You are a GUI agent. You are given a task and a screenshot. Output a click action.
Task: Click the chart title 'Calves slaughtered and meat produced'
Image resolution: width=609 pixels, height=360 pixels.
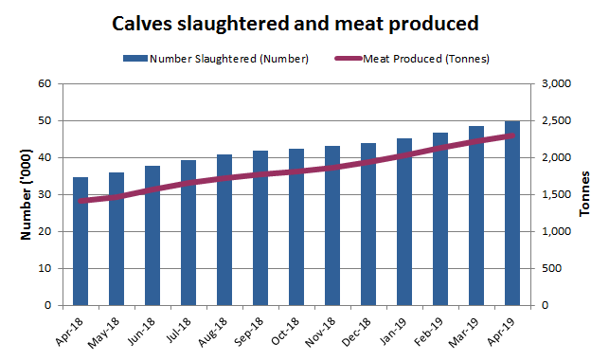pos(295,23)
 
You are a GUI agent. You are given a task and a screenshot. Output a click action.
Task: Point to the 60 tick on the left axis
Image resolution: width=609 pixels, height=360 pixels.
pos(43,83)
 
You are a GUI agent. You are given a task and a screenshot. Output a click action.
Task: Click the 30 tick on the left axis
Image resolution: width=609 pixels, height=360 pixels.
pos(43,194)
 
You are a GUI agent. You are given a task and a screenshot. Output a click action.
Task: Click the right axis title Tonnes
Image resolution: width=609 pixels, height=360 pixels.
pos(588,194)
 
